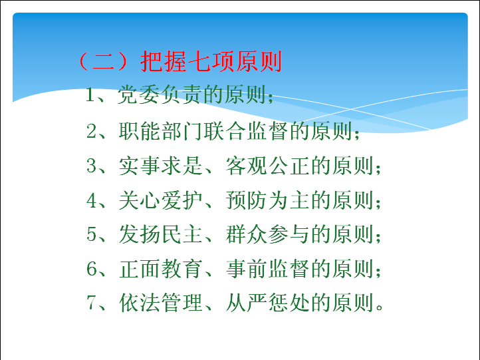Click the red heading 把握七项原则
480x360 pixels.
211,61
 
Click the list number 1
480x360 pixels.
90,94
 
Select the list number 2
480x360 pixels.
91,131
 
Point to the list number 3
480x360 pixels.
91,166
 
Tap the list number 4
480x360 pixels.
92,200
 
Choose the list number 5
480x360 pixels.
91,234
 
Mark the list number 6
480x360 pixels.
92,269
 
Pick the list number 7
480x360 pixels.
91,303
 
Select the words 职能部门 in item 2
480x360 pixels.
160,131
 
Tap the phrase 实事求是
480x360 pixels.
160,166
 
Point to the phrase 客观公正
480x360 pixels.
267,166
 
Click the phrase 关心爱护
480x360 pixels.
160,200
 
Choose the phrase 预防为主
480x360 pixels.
267,200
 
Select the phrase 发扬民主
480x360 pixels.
160,234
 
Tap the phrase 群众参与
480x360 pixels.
267,234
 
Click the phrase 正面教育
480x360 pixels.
160,269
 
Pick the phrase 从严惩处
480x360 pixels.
267,303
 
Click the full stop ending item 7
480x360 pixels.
380,307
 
